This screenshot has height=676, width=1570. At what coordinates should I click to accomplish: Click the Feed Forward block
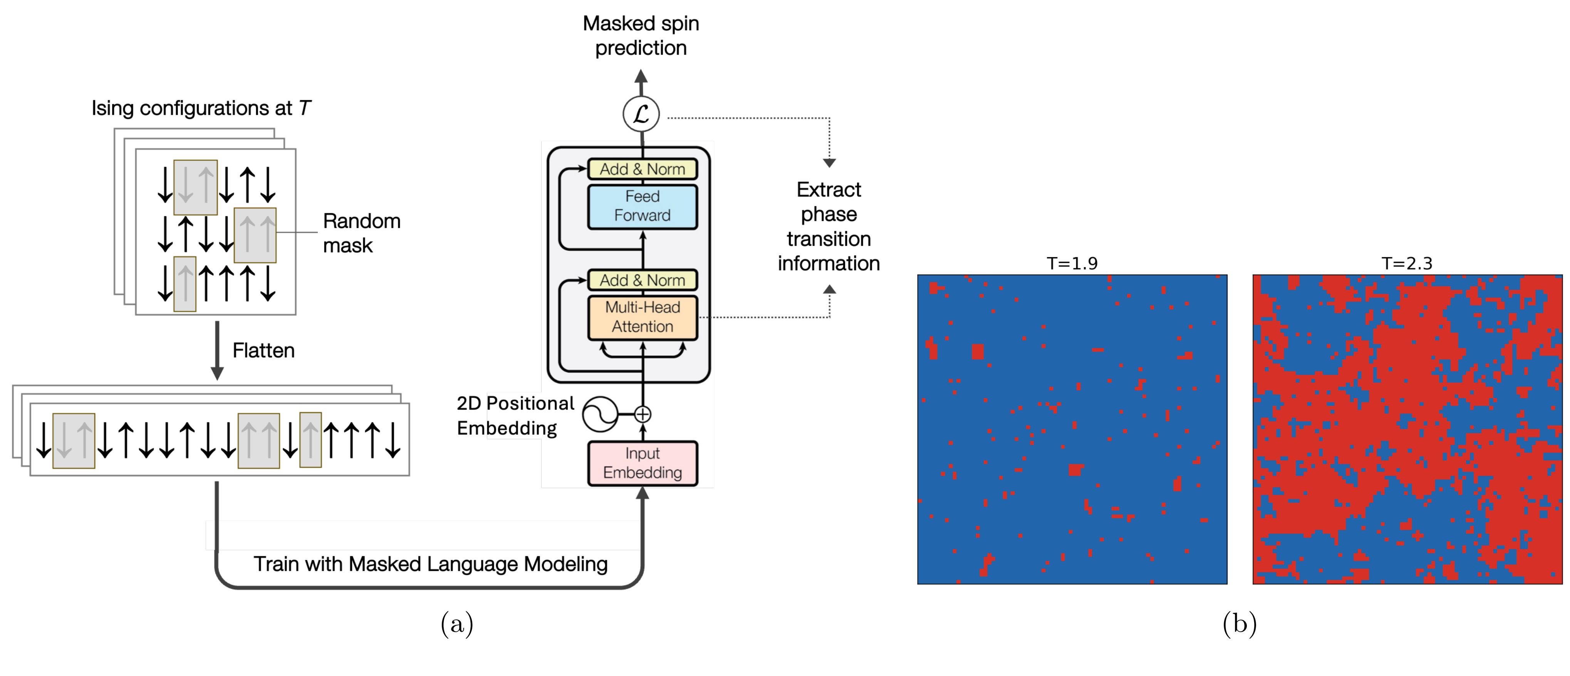[642, 206]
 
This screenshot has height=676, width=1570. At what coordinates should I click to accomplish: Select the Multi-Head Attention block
[642, 317]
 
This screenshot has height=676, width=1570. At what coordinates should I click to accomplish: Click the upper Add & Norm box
[642, 169]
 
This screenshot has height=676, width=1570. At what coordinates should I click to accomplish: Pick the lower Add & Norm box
[642, 280]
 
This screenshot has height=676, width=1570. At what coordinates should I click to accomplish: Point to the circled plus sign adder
[642, 415]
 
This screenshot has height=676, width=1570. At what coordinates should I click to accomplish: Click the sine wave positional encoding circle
[600, 415]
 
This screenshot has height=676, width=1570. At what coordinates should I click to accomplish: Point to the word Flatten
[263, 351]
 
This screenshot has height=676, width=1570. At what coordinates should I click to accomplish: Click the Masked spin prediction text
[641, 35]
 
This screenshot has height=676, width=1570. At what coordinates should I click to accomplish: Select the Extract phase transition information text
[828, 226]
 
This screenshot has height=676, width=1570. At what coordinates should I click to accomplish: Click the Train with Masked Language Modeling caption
[430, 564]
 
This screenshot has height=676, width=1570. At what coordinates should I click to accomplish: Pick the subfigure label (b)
[1240, 624]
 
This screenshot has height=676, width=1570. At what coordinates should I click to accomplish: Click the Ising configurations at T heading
[201, 109]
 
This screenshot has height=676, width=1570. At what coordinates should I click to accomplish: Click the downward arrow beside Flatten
[217, 351]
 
